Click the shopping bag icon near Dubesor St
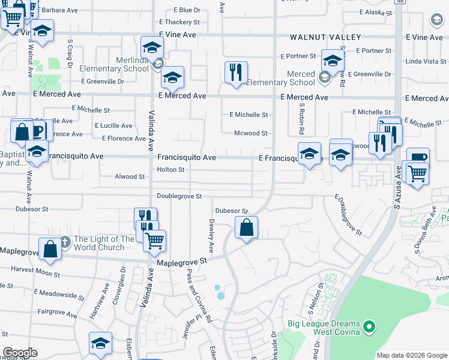coord(246,228)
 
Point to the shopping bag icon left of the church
coord(50,248)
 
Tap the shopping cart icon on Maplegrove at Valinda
coord(155,241)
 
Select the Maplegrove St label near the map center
coord(181,262)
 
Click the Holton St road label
coord(170,170)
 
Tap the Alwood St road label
coord(130,177)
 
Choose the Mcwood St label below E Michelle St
coord(250,133)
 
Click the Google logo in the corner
coord(19,353)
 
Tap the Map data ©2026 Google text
coord(411,355)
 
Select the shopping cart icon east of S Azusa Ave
coord(418,173)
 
